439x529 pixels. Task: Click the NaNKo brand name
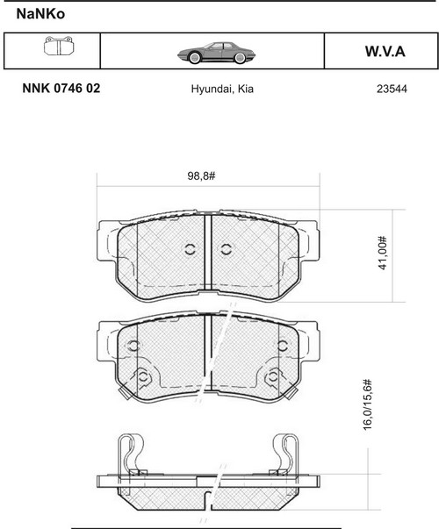(x=40, y=14)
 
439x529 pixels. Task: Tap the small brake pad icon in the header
(x=59, y=46)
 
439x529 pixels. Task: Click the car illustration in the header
(x=216, y=53)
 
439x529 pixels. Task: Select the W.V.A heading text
(x=385, y=52)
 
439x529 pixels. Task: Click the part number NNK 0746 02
(x=61, y=89)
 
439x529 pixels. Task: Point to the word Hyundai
(x=211, y=89)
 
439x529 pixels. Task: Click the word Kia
(x=246, y=89)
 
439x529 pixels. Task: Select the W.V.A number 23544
(x=392, y=89)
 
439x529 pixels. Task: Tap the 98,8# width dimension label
(x=201, y=175)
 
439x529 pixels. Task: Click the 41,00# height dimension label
(x=382, y=253)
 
